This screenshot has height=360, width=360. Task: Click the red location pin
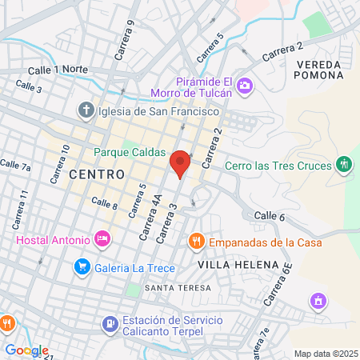pos(180,162)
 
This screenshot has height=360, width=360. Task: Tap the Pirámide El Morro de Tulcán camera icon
pos(246,86)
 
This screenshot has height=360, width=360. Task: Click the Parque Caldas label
pos(130,152)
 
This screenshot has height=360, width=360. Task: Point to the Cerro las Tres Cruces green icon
pos(345,164)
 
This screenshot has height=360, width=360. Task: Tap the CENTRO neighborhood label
pos(97,174)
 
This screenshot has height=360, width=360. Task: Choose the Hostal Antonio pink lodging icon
pos(102,238)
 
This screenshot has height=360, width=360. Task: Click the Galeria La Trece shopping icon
pos(81,266)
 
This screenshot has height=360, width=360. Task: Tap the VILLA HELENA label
pos(238,265)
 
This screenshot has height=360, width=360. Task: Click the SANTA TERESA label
pos(178,287)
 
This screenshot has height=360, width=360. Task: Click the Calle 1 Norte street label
pos(58,70)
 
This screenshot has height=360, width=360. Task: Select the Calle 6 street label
pos(270,216)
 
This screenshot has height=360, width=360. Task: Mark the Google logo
pos(26,350)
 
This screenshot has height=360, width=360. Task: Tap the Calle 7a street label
pos(15,166)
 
